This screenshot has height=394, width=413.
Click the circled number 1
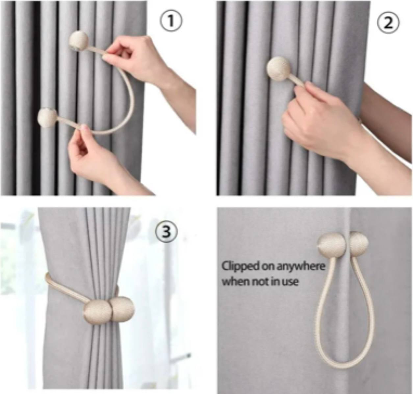click(x=172, y=22)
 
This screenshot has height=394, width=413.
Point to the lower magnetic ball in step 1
click(x=47, y=118)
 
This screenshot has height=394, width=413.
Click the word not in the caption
click(x=259, y=282)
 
